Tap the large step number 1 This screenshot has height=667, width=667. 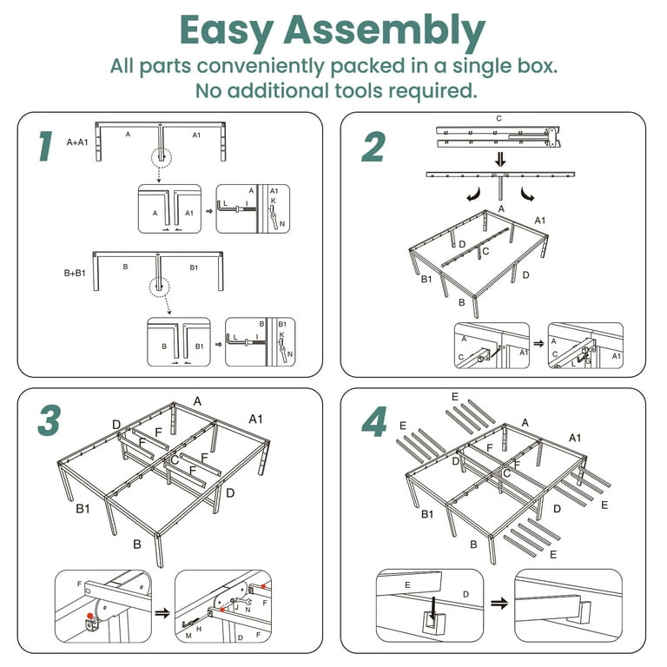click(x=45, y=146)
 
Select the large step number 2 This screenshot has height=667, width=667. click(x=373, y=147)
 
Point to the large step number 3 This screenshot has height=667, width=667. click(x=50, y=420)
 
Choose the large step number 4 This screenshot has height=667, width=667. click(x=374, y=422)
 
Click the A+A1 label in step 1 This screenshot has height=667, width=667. click(x=77, y=142)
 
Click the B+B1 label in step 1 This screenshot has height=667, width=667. click(x=75, y=273)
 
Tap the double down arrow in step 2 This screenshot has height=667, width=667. click(x=500, y=160)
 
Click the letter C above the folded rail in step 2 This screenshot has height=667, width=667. click(x=499, y=119)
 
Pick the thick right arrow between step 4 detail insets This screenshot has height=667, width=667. click(x=499, y=604)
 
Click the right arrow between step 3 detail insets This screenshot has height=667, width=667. click(x=162, y=613)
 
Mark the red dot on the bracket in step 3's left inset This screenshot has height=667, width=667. click(x=89, y=616)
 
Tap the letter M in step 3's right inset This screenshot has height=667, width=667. click(x=188, y=636)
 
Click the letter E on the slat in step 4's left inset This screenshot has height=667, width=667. click(x=407, y=584)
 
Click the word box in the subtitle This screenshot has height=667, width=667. click(x=537, y=66)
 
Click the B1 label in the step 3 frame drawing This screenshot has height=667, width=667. click(x=83, y=508)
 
